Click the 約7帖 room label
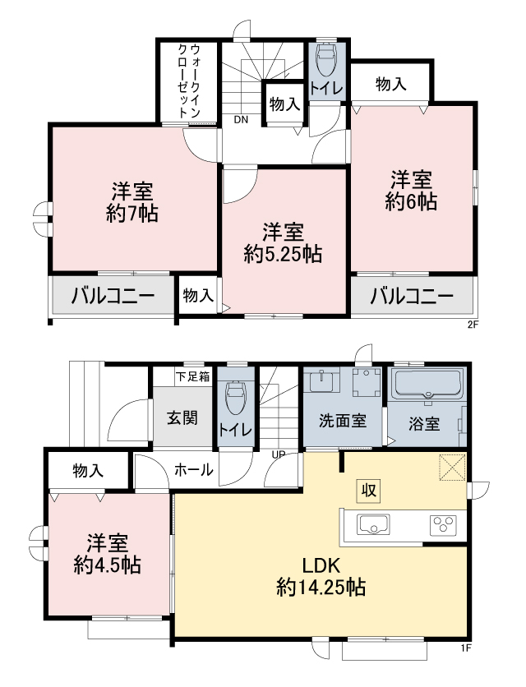[x=132, y=214]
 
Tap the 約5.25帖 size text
[x=284, y=254]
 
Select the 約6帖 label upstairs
[x=411, y=201]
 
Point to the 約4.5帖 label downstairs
[x=108, y=565]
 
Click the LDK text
[x=321, y=565]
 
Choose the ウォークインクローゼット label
[x=189, y=81]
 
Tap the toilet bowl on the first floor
[x=234, y=397]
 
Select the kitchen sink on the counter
[x=374, y=524]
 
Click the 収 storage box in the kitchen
[x=369, y=491]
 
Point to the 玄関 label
[x=182, y=418]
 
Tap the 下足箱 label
[x=193, y=376]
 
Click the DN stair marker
[x=241, y=120]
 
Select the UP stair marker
[x=279, y=454]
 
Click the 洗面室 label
[x=343, y=421]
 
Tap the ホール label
[x=194, y=470]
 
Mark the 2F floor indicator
[x=473, y=325]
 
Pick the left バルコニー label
[x=113, y=296]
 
